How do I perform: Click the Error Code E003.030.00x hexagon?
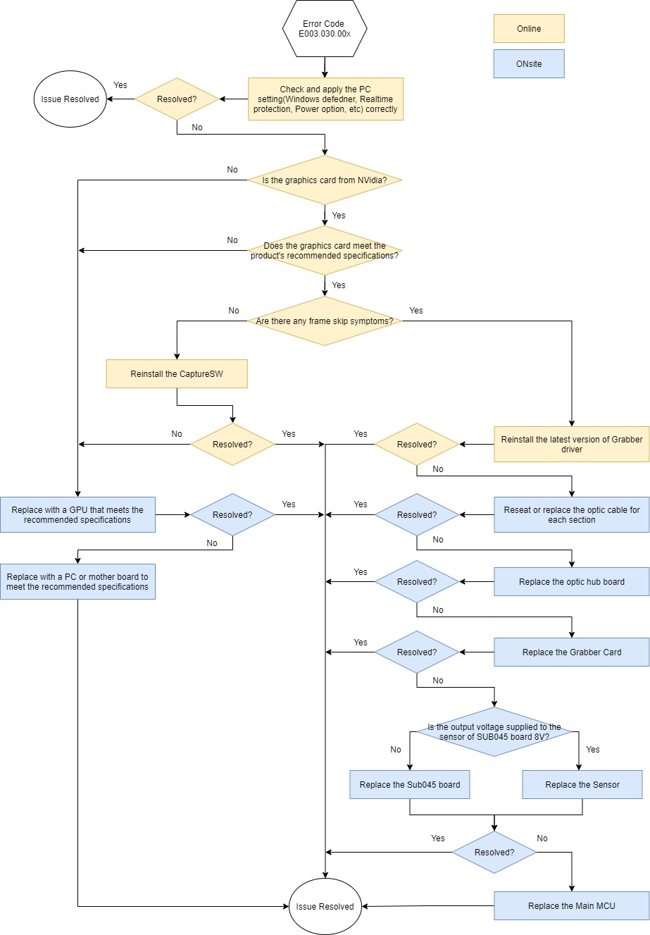tap(324, 29)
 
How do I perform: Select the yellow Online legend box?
tap(529, 29)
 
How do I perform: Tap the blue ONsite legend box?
tap(529, 63)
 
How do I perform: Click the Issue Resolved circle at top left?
tap(70, 99)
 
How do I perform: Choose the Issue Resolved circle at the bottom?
tap(325, 906)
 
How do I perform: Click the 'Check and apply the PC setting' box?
tap(325, 99)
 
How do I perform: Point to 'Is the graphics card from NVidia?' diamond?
tap(325, 180)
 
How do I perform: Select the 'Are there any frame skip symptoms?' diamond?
tap(325, 321)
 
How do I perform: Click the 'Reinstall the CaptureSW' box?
tap(177, 374)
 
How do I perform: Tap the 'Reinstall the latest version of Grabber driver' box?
tap(571, 444)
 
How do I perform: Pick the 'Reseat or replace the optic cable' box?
tap(571, 514)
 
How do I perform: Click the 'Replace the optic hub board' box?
tap(571, 582)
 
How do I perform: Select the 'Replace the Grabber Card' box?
tap(571, 652)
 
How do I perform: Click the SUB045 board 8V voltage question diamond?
tap(494, 732)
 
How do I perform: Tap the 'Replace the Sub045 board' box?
tap(409, 785)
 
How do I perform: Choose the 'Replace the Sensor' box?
tap(582, 785)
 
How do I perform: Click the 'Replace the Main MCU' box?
tap(571, 906)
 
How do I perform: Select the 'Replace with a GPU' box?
tap(77, 514)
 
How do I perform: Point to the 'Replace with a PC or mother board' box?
tap(77, 581)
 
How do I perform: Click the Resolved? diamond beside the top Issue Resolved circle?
tap(177, 99)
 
